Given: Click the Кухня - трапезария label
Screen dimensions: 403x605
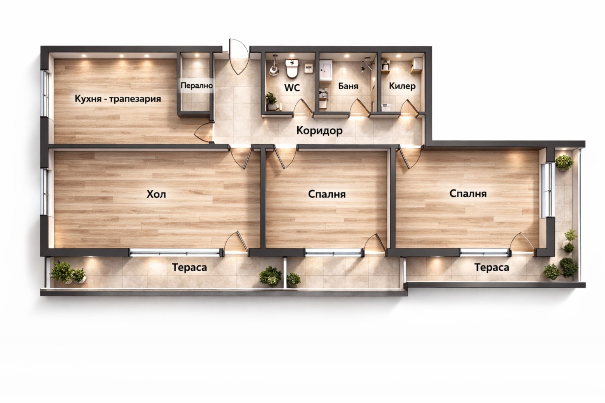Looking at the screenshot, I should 118,99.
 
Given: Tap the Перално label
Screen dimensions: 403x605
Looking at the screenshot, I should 196,85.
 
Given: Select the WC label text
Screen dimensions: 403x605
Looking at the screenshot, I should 292,88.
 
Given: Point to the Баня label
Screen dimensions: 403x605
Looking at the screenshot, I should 348,86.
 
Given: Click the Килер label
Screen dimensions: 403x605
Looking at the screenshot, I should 402,86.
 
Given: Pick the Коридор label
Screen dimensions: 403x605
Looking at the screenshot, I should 319,131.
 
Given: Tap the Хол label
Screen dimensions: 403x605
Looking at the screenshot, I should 156,195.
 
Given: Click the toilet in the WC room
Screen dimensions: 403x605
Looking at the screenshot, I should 292,69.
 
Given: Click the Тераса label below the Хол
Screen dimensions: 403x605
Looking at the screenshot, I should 189,268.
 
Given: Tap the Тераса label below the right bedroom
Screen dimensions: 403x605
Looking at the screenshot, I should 491,268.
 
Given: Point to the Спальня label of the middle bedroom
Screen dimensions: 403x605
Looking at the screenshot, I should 327,194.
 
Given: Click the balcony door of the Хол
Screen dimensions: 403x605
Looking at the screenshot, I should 235,243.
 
